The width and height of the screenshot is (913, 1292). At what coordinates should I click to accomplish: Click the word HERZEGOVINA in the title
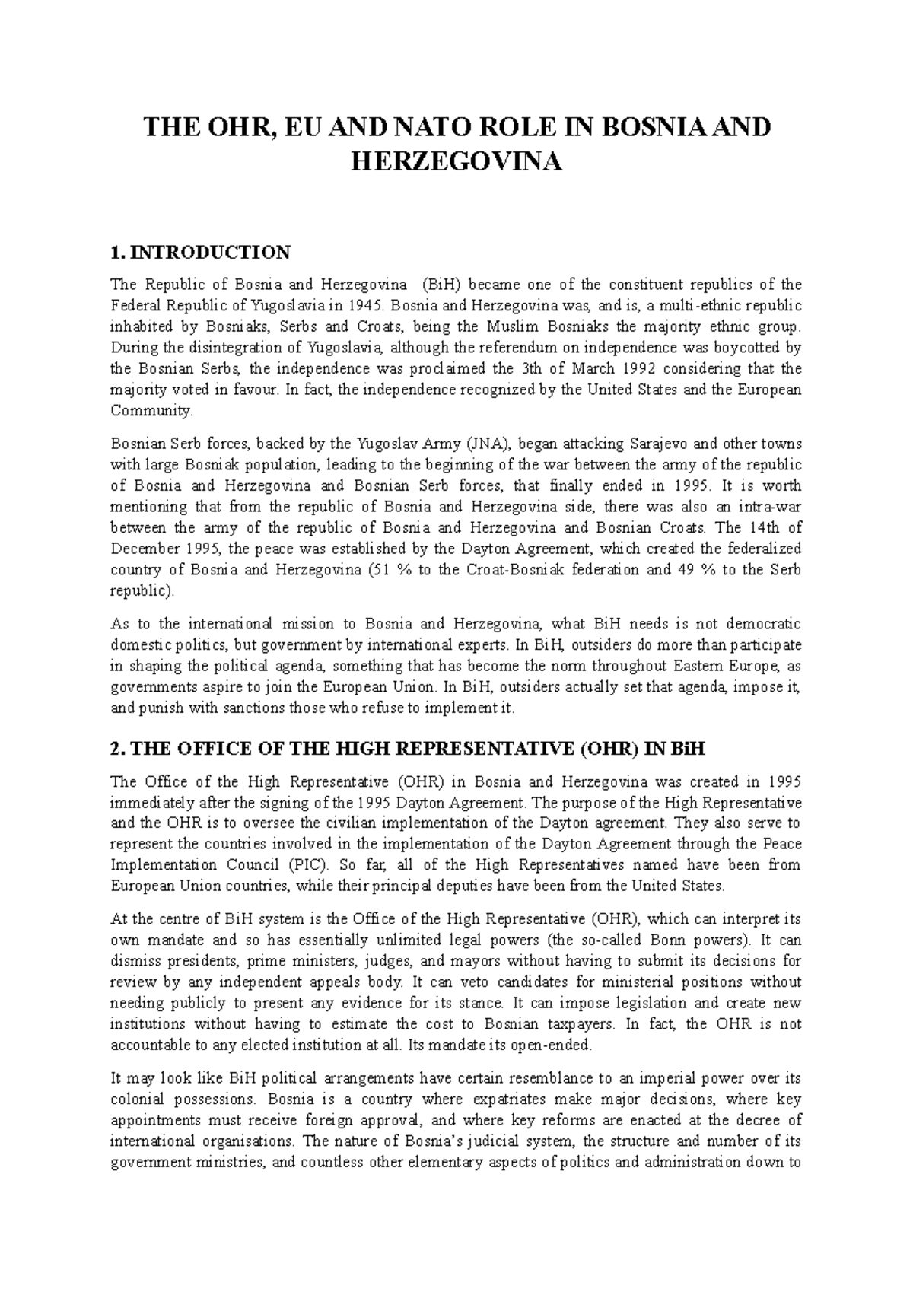click(456, 162)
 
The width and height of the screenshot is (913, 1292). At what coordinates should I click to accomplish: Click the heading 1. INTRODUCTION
click(200, 252)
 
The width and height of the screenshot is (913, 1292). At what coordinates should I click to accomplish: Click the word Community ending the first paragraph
click(151, 411)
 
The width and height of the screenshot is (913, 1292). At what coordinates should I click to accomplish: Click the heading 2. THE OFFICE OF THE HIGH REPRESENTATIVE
click(408, 749)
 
